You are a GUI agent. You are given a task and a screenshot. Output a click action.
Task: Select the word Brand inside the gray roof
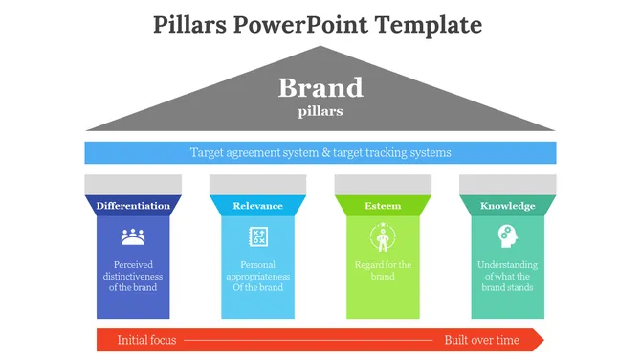[x=320, y=88]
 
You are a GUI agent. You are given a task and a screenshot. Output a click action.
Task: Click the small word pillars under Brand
[x=320, y=111]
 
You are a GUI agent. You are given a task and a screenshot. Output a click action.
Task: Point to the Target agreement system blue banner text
[x=320, y=152]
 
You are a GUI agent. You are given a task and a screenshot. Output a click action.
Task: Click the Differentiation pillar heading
[x=133, y=206]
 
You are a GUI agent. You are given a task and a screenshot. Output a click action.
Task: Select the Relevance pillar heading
[x=257, y=206]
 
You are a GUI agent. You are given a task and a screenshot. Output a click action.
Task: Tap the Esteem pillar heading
[x=383, y=206]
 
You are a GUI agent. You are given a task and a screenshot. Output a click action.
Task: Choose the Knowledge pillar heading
[x=507, y=206]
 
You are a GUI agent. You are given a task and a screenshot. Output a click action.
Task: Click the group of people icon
[x=133, y=236]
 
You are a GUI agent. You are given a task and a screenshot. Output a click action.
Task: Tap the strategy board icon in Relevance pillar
[x=257, y=236]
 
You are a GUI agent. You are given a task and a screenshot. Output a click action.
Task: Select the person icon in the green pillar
[x=383, y=236]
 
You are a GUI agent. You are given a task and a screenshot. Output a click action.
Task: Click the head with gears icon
[x=506, y=236]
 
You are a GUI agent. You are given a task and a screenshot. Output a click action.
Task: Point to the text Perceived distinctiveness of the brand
[x=133, y=276]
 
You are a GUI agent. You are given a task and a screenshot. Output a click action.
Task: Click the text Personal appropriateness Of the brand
[x=257, y=276]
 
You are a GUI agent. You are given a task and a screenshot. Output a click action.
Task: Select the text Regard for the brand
[x=383, y=271]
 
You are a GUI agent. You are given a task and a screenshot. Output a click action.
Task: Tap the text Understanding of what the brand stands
[x=507, y=276]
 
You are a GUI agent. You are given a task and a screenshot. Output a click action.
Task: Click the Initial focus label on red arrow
[x=146, y=340]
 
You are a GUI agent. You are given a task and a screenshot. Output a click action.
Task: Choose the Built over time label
[x=481, y=340]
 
